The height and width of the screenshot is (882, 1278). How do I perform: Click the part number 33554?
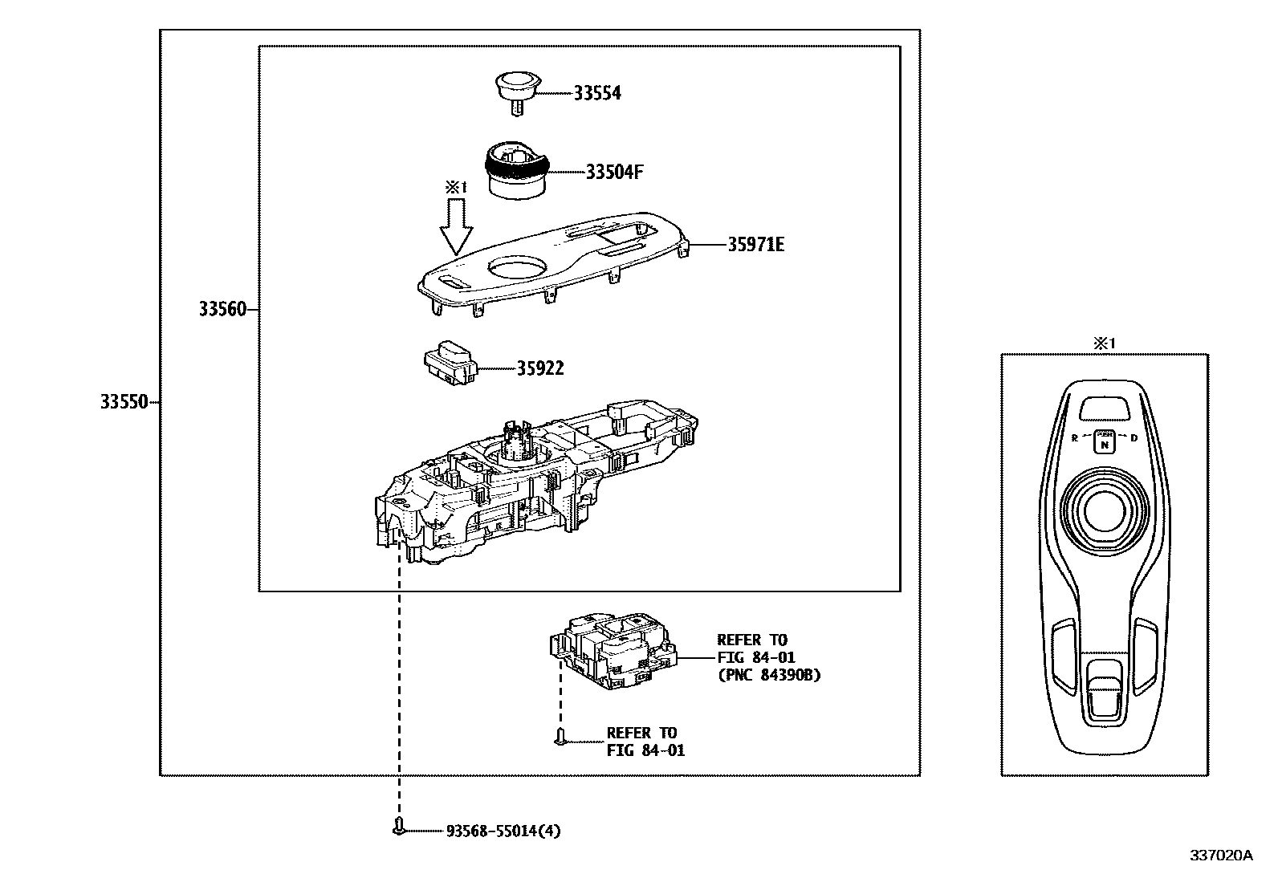point(596,93)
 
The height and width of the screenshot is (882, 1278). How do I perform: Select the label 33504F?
point(614,172)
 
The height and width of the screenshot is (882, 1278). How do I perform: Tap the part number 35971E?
point(755,245)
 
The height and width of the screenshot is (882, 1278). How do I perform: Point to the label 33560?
point(222,309)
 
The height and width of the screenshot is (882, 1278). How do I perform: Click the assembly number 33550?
point(124,402)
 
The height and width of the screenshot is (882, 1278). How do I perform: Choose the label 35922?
point(539,368)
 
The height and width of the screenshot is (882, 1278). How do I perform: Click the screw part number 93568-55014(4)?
point(503,831)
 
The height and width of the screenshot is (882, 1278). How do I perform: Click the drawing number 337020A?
point(1220,856)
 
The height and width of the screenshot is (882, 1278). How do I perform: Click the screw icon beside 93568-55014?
point(399,827)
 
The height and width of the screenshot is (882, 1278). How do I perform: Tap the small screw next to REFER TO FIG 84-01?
point(560,735)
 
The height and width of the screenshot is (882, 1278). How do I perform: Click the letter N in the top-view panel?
point(1105,444)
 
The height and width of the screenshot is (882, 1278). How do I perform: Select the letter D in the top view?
point(1134,438)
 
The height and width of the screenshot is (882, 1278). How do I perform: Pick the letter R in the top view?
point(1074,438)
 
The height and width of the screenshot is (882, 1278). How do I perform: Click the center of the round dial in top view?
point(1105,507)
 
